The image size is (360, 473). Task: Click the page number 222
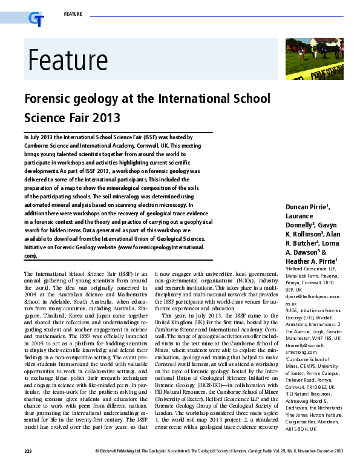pyautogui.click(x=28, y=468)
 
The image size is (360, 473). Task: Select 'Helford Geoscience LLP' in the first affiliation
pyautogui.click(x=312, y=269)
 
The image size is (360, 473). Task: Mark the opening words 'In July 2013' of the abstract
pyautogui.click(x=41, y=138)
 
